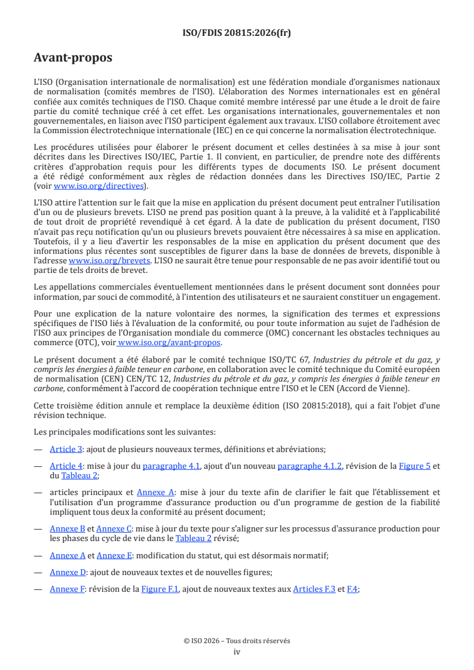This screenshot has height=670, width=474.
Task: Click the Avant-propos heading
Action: coord(73,58)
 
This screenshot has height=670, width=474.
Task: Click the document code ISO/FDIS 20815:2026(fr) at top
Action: coord(237,33)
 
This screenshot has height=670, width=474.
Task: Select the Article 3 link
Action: coord(66,449)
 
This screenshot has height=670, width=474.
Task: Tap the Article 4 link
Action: coord(66,466)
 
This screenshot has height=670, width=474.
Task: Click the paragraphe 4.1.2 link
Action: coord(310,466)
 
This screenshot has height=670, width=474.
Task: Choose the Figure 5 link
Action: coord(415,466)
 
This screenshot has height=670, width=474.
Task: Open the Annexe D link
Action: coord(68,572)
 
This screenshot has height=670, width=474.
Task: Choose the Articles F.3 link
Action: coord(314,589)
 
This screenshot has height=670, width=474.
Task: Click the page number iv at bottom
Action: coord(237,651)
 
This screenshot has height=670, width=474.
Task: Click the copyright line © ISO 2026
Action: coord(237,641)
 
